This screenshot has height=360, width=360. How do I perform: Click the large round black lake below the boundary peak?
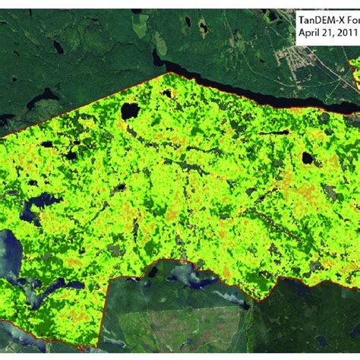point(130,110)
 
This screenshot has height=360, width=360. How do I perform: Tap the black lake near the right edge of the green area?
point(308,158)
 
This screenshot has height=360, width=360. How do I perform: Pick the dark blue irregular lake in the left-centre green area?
point(38,207)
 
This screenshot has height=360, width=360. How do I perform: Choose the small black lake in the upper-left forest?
point(59,47)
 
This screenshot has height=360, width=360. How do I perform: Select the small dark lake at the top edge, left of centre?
point(137,11)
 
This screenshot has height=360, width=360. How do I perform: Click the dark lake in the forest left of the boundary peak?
point(42,97)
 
